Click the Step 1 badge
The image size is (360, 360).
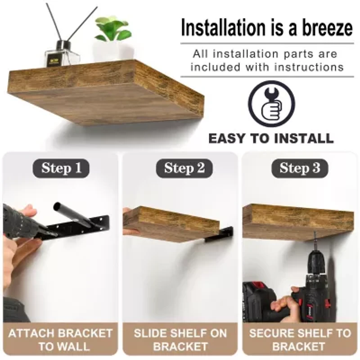pyautogui.click(x=61, y=169)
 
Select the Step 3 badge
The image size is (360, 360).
pyautogui.click(x=300, y=169)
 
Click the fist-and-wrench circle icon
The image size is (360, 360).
pyautogui.click(x=271, y=104)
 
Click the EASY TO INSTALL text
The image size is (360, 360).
pyautogui.click(x=271, y=138)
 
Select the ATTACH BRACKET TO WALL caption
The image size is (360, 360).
pyautogui.click(x=60, y=340)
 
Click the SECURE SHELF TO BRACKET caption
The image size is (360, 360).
pyautogui.click(x=300, y=340)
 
